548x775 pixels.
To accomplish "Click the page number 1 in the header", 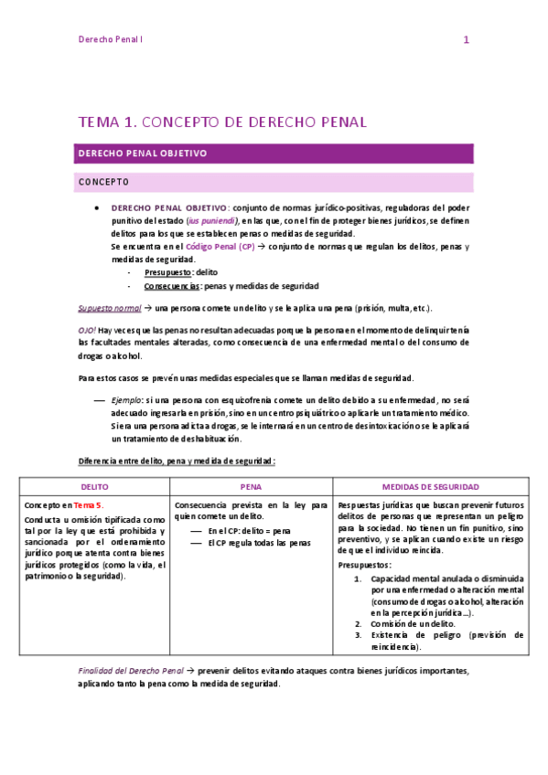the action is coord(466,39).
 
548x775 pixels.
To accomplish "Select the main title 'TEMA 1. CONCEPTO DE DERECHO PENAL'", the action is coord(222,122).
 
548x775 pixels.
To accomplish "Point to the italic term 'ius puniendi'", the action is coord(212,221).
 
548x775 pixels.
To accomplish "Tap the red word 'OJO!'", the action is coord(87,329).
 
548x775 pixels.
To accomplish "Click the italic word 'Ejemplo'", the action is coord(126,400).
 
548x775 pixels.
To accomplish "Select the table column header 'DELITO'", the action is coord(94,487).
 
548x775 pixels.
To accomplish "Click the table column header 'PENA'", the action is coord(251,487).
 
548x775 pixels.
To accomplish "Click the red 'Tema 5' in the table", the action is coord(89,504).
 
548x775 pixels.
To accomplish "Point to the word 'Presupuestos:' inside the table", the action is coord(363,564).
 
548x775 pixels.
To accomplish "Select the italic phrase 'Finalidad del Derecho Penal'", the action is coord(132,671).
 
